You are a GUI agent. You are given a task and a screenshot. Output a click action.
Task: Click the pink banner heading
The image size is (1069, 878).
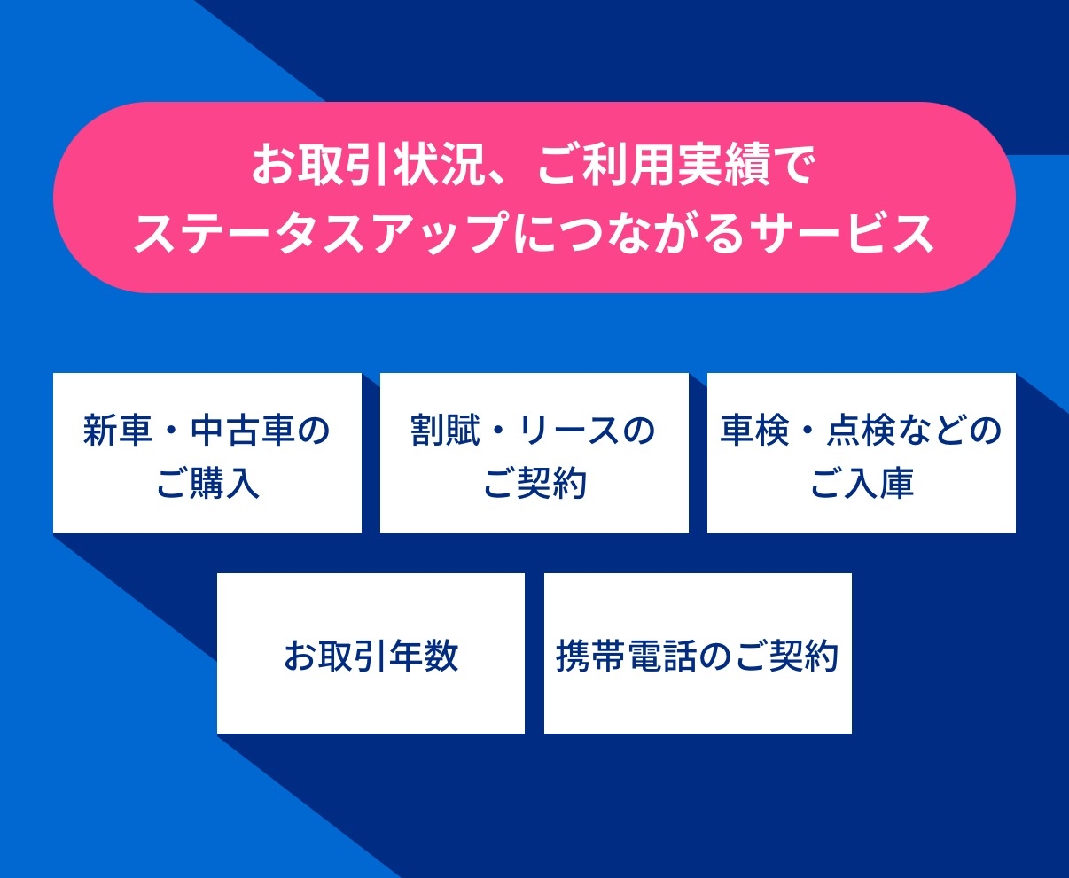(x=534, y=197)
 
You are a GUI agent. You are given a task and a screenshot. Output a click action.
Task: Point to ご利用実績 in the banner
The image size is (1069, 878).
(x=654, y=165)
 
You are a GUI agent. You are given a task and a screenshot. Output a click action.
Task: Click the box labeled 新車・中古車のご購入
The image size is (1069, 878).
(x=207, y=453)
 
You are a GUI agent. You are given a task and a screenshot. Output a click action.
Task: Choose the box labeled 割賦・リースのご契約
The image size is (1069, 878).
(x=534, y=453)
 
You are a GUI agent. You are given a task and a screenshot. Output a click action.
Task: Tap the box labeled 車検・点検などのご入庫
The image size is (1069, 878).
(x=862, y=453)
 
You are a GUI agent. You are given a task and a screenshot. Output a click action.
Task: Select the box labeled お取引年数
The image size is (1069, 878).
(x=371, y=653)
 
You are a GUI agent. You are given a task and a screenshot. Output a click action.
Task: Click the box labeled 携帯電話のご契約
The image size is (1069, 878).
(x=698, y=653)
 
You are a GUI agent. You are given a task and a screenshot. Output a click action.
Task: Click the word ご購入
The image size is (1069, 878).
(x=207, y=483)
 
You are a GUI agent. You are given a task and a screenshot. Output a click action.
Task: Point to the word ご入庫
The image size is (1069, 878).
(x=862, y=483)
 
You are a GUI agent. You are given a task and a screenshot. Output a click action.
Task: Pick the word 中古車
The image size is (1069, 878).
(x=242, y=431)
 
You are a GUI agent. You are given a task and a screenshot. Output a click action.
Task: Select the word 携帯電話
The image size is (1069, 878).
(x=625, y=656)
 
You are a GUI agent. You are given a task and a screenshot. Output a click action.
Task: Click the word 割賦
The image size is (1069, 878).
(x=445, y=431)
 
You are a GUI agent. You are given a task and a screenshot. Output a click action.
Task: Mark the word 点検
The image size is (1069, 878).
(x=862, y=431)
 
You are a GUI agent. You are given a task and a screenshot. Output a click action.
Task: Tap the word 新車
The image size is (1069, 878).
(x=118, y=431)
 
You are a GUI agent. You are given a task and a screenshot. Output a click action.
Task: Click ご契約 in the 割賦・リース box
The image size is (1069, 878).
(x=534, y=483)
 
